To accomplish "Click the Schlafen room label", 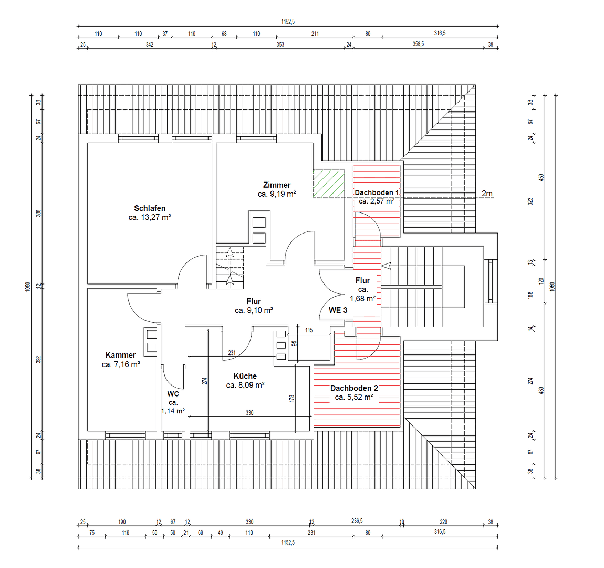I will tap(150, 208).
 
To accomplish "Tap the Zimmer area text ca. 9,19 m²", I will tap(277, 194).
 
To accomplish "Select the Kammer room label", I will tap(120, 355).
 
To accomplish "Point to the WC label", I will tap(173, 394).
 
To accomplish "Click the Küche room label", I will tap(245, 376).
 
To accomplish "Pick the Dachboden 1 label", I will tap(377, 192).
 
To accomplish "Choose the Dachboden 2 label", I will tap(354, 388).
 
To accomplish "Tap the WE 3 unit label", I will tap(338, 310).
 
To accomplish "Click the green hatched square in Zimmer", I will tap(329, 183).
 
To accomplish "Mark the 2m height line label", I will tap(487, 194).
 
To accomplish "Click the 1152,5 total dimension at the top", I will tap(288, 22).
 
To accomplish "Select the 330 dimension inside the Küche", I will tap(249, 413).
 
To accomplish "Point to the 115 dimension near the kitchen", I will tap(309, 330).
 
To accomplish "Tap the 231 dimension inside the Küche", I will tap(232, 353).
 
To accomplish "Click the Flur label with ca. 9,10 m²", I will tap(254, 301).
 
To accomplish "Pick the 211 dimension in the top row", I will tap(315, 34).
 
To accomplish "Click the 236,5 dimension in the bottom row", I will tap(357, 521).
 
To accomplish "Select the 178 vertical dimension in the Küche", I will tap(292, 398).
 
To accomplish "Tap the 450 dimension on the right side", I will tap(542, 177).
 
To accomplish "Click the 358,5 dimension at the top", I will tap(418, 44).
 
